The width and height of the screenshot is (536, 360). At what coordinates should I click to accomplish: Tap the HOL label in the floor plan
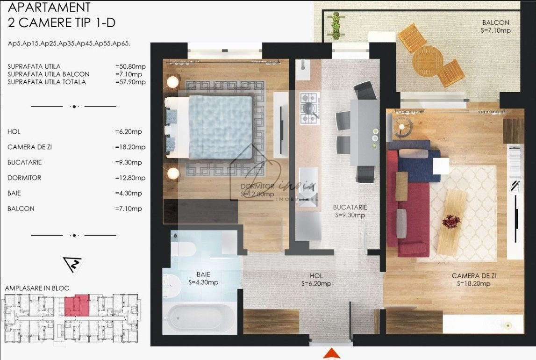coord(316,276)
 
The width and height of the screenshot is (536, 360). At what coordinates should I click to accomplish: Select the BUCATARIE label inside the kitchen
coord(350,207)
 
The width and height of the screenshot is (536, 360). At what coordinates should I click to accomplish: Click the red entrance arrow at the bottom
coord(331,353)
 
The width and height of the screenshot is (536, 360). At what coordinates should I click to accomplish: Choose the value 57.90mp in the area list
coord(130,82)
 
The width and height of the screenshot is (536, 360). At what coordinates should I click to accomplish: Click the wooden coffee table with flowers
coord(451,222)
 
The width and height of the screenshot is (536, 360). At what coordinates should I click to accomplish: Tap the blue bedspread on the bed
coord(221,126)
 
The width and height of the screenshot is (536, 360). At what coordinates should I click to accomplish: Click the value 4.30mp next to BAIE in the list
coord(129,193)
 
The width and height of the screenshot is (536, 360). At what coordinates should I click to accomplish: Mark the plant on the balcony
coord(335,26)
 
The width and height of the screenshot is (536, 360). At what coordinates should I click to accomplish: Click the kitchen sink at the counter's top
coord(302,69)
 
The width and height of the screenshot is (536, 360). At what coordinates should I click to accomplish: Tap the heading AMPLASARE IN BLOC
coord(37,288)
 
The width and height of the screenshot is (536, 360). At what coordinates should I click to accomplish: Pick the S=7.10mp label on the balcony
coord(495,30)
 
